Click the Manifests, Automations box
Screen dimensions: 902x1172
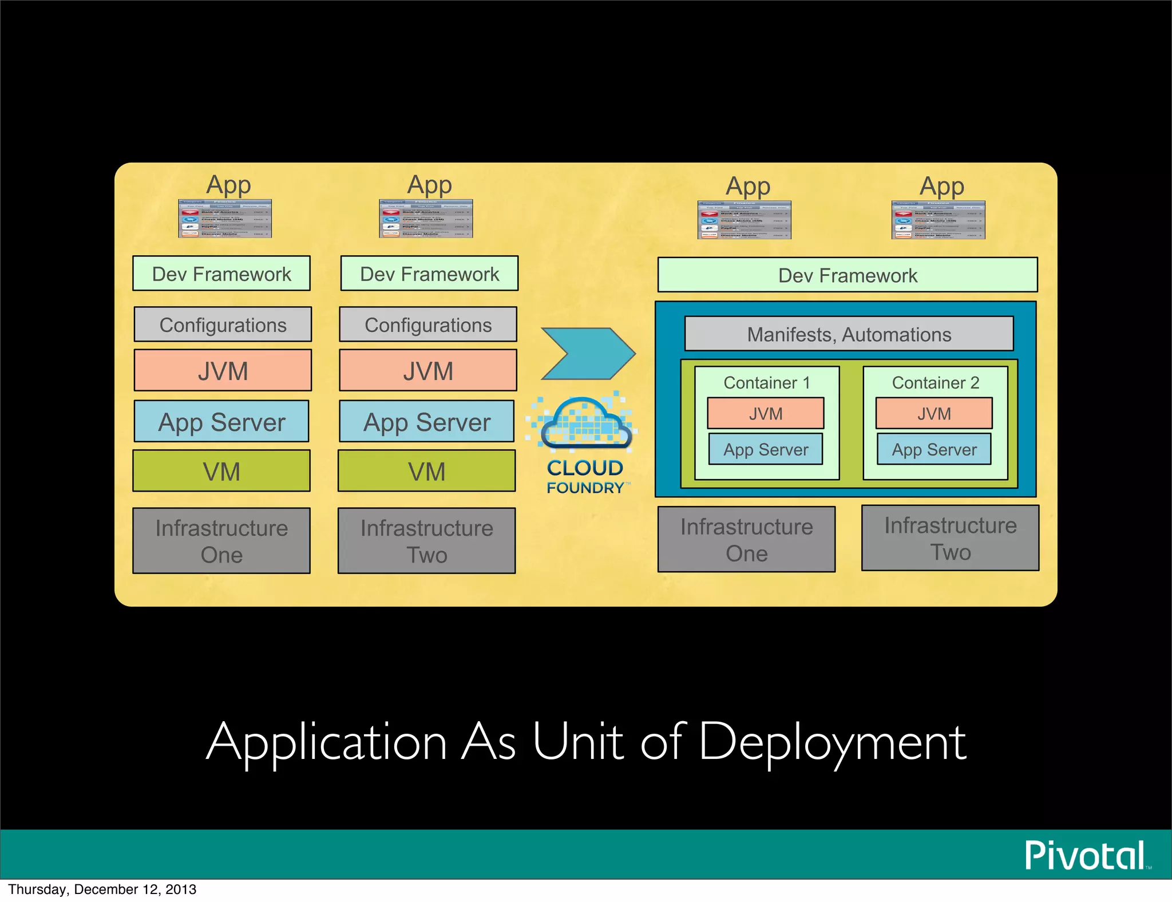(849, 334)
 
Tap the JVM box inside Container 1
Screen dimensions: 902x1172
(765, 413)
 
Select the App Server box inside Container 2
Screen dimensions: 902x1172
(934, 449)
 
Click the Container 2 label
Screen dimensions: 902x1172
(935, 382)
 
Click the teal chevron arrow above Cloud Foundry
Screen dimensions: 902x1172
(588, 353)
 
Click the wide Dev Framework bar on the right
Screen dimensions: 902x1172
(848, 275)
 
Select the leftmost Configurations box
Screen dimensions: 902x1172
(223, 325)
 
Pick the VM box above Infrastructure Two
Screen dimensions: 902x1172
(426, 471)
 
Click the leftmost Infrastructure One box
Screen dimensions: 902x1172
(221, 541)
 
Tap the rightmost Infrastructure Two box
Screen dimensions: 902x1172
(950, 538)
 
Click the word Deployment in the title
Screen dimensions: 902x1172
(832, 742)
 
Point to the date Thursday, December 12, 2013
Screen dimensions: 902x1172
(102, 889)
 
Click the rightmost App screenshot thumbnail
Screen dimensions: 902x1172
(938, 220)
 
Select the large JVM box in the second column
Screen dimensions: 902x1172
(427, 371)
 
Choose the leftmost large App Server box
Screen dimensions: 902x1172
(221, 422)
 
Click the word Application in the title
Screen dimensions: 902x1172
(327, 742)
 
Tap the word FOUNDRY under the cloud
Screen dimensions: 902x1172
(585, 488)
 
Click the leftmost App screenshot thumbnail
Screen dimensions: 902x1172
(225, 219)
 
